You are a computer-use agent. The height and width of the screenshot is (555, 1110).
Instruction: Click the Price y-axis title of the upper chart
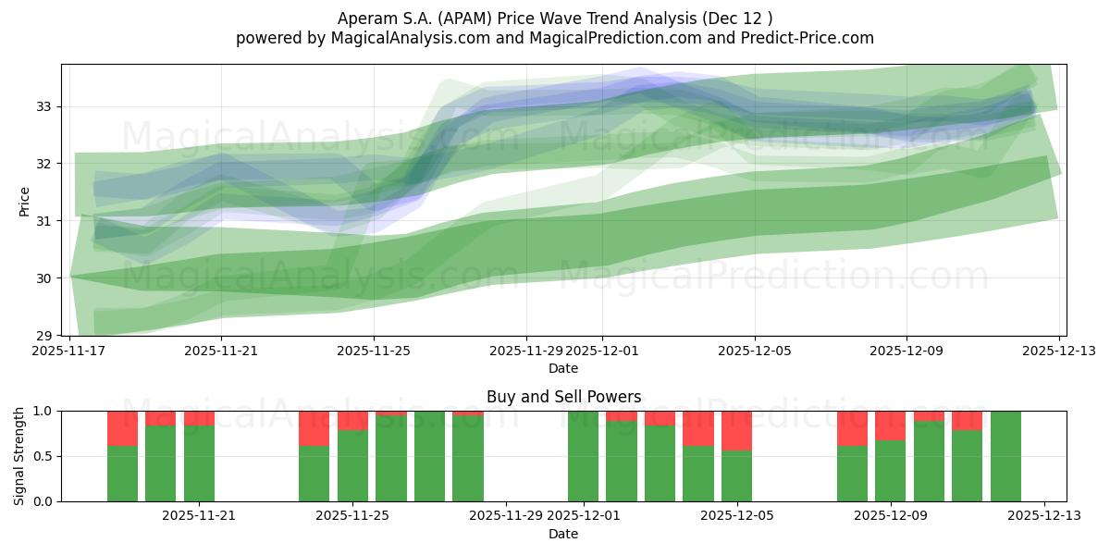point(24,201)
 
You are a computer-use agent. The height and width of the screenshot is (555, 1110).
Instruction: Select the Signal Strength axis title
point(19,456)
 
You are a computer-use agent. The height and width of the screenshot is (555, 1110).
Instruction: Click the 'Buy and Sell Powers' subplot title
point(563,397)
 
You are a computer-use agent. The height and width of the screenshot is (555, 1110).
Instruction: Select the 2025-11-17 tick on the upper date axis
point(70,351)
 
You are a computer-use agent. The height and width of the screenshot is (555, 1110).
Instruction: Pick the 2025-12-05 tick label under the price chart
point(755,351)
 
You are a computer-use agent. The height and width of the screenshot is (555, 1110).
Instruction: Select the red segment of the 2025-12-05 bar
point(736,430)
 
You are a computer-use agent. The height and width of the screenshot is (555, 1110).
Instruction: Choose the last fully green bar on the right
point(1005,456)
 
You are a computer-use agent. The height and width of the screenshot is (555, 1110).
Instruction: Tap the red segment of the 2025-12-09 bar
point(890,425)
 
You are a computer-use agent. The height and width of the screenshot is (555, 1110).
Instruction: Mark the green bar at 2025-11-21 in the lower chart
point(199,463)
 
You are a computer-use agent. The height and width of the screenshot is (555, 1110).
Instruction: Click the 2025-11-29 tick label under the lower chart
point(506,516)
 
